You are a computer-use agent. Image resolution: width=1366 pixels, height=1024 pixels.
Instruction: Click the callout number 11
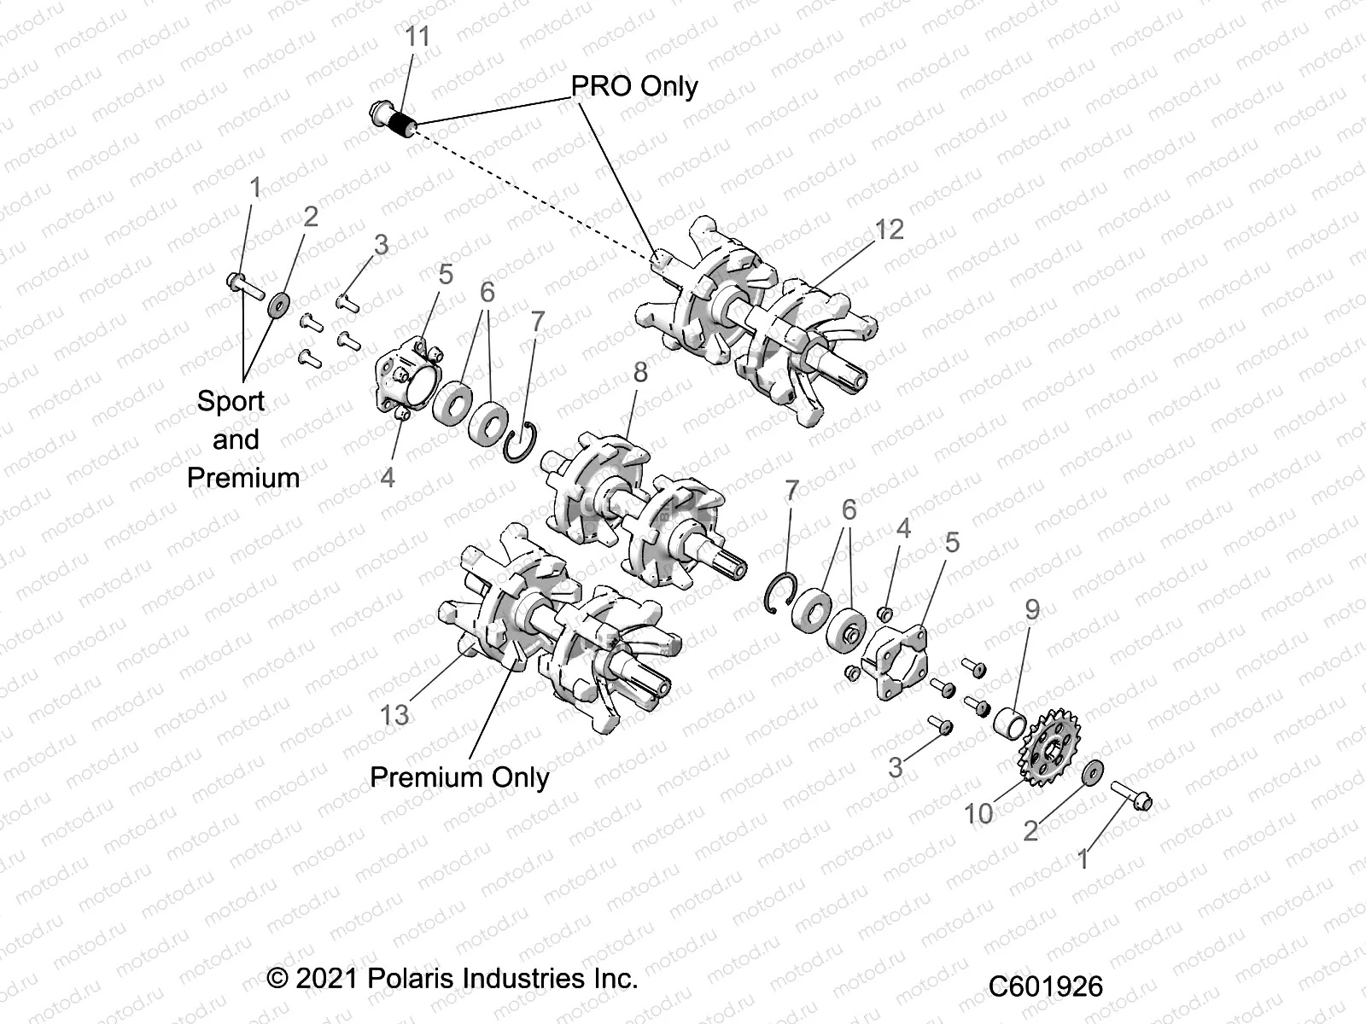(417, 37)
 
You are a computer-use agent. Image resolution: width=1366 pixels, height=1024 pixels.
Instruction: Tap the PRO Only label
(633, 86)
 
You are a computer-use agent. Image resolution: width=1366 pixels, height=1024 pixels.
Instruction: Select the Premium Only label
(459, 777)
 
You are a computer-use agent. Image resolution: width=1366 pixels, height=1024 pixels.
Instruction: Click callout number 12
(889, 229)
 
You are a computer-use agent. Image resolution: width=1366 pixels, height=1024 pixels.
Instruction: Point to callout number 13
(394, 714)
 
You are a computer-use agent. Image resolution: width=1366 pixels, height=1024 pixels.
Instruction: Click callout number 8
(640, 372)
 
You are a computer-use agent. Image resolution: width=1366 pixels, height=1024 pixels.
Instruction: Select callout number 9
(1032, 609)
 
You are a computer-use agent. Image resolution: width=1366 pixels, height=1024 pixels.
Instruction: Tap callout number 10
(978, 813)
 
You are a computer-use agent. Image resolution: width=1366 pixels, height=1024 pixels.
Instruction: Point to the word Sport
(231, 400)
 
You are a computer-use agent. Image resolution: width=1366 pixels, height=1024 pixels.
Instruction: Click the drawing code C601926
(1046, 986)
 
